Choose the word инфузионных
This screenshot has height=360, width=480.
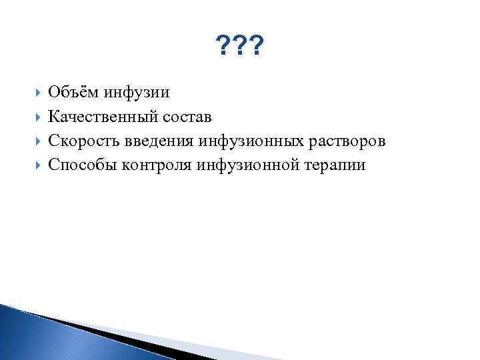point(243,141)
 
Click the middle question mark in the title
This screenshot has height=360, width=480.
point(240,47)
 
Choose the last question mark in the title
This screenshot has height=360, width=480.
point(257,47)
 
